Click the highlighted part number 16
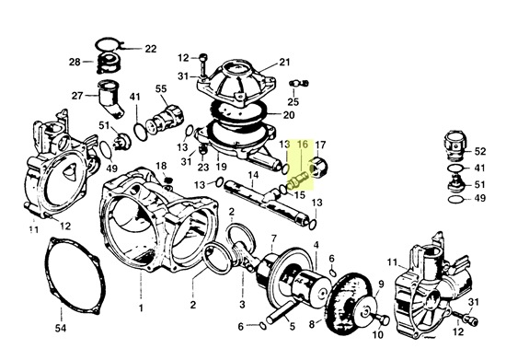click(303, 144)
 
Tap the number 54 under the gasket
click(61, 328)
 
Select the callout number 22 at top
click(150, 49)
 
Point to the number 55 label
click(161, 88)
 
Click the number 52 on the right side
click(480, 151)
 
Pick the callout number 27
click(77, 96)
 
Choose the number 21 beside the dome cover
click(284, 62)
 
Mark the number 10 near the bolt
click(378, 334)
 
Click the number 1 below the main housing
click(141, 308)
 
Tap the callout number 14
click(253, 175)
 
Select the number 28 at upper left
click(75, 62)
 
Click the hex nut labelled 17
click(319, 167)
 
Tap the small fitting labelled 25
click(299, 84)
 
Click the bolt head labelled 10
click(385, 320)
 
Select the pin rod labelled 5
click(281, 310)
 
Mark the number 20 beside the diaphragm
click(289, 115)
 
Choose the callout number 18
click(161, 166)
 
